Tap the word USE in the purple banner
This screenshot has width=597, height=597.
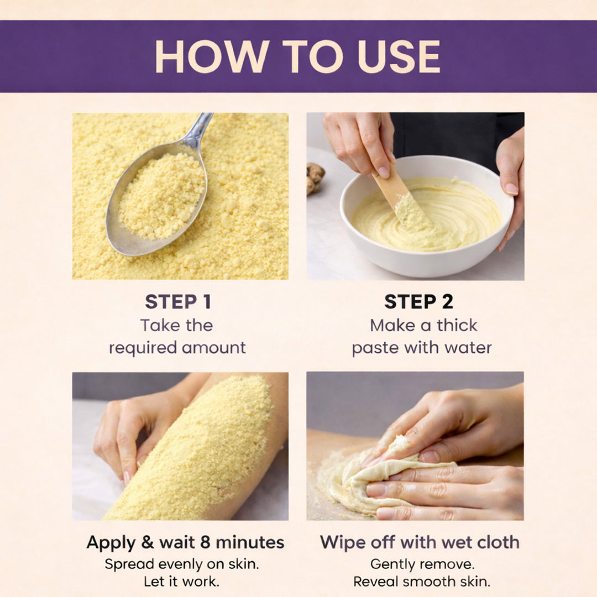pos(399,56)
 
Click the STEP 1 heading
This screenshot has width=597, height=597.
pos(178,302)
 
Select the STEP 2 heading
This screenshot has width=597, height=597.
pos(418,302)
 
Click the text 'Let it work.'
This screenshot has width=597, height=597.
pos(181,582)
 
